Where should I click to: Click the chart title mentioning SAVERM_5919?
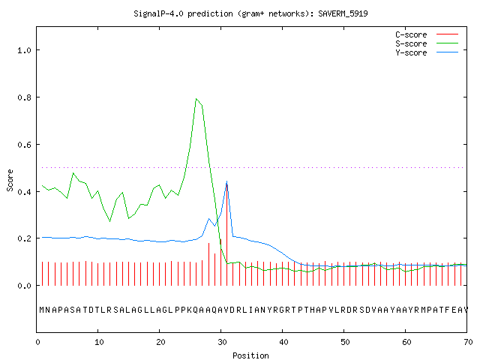pyautogui.click(x=250, y=13)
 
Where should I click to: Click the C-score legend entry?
pyautogui.click(x=427, y=34)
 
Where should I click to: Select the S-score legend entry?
pyautogui.click(x=427, y=43)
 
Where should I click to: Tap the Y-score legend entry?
pyautogui.click(x=427, y=52)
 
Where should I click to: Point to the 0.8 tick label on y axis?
pyautogui.click(x=25, y=97)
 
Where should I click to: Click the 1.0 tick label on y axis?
pyautogui.click(x=25, y=50)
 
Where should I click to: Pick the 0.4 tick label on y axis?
pyautogui.click(x=25, y=192)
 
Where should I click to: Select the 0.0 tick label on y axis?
pyautogui.click(x=25, y=286)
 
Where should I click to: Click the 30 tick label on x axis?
pyautogui.click(x=222, y=342)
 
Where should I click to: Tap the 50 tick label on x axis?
pyautogui.click(x=345, y=342)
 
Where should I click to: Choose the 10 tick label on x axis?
pyautogui.click(x=99, y=342)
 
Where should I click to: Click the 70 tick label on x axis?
pyautogui.click(x=468, y=342)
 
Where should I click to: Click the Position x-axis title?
pyautogui.click(x=250, y=355)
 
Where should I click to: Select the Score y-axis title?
pyautogui.click(x=10, y=181)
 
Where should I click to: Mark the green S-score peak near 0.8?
pyautogui.click(x=196, y=99)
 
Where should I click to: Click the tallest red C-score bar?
pyautogui.click(x=226, y=235)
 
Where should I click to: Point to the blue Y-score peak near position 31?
pyautogui.click(x=226, y=181)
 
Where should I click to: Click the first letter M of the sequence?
pyautogui.click(x=42, y=310)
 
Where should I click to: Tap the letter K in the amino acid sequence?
pyautogui.click(x=190, y=310)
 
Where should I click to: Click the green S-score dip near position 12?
pyautogui.click(x=110, y=221)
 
